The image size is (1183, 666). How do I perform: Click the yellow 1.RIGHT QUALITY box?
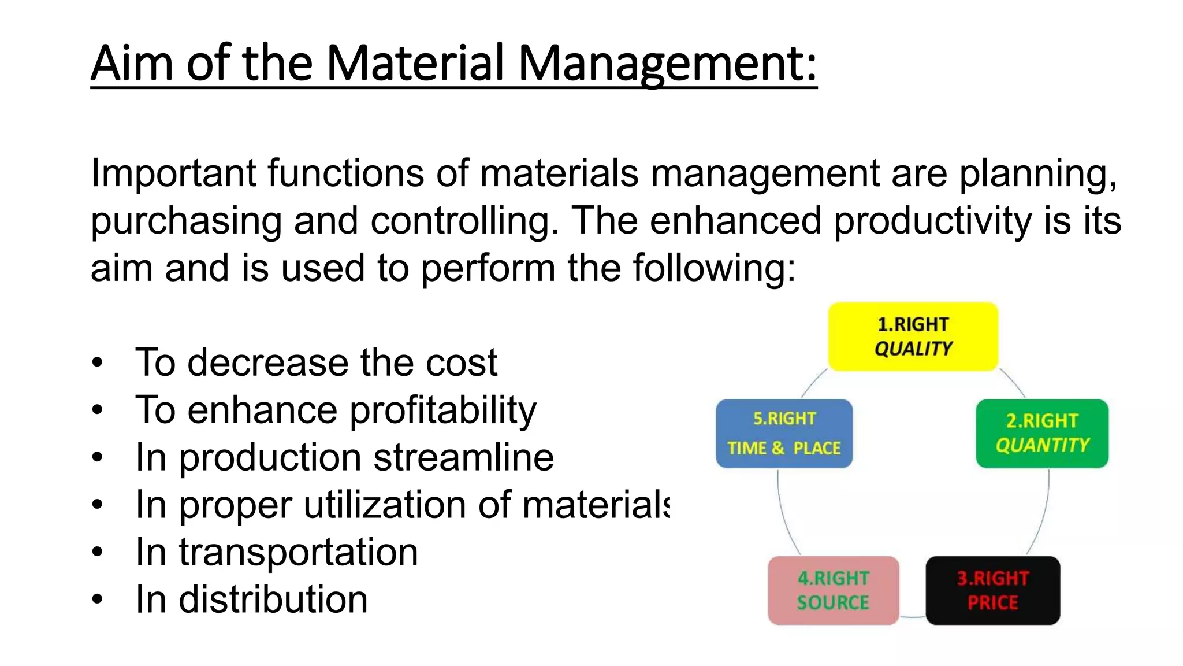click(913, 336)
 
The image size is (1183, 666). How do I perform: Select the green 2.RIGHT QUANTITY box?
click(1042, 433)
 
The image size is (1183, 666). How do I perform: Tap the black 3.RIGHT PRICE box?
click(992, 590)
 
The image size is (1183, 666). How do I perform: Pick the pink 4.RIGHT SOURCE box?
click(833, 590)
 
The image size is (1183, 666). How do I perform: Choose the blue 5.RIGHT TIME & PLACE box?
click(784, 433)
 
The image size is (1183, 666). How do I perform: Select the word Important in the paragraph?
click(173, 173)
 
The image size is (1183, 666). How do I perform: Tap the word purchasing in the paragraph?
click(186, 222)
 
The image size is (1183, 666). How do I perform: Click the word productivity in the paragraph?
click(932, 221)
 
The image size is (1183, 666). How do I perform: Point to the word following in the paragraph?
click(714, 268)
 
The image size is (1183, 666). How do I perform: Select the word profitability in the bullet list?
click(443, 410)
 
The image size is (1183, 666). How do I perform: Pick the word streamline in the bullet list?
click(463, 458)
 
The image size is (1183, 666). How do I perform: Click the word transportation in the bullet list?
click(298, 553)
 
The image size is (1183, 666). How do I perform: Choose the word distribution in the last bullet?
click(273, 600)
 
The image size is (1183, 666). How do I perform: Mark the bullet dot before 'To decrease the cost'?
click(97, 363)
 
